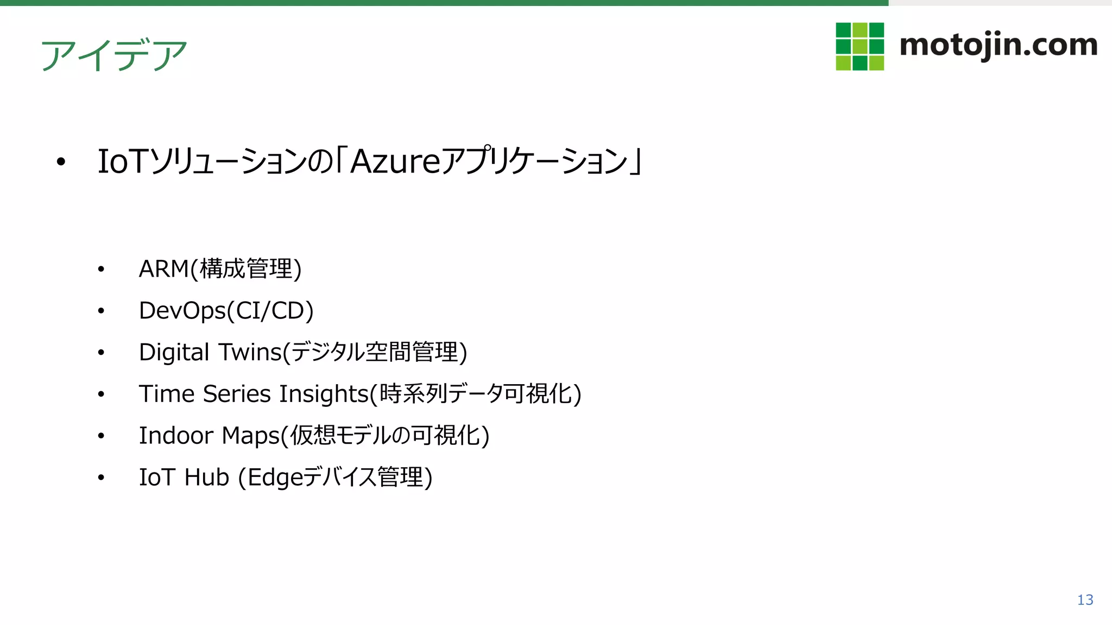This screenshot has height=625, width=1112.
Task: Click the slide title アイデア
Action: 114,55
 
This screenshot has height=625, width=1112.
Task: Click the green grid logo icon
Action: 860,47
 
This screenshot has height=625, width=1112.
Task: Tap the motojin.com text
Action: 998,46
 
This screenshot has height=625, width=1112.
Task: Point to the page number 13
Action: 1085,600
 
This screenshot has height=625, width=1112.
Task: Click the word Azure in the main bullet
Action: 395,162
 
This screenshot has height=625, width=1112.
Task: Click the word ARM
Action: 163,269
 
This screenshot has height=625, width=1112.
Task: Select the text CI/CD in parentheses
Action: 270,311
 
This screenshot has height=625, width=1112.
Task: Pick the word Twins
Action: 250,353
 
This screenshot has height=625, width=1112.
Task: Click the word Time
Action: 166,394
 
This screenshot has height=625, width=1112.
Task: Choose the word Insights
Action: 324,394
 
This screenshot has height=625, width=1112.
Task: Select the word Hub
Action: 206,477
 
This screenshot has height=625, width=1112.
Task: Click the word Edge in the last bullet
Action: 275,478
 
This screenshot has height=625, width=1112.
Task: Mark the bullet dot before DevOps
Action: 101,311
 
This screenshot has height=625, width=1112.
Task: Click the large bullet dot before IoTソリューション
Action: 61,162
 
